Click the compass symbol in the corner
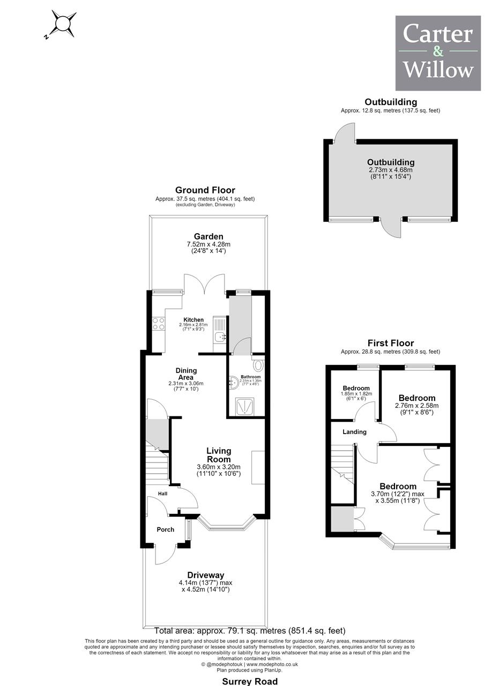[63, 24]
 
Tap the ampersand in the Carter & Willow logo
[438, 51]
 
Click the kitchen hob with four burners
[159, 324]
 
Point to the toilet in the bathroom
[258, 364]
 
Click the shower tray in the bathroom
[244, 407]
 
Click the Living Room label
[219, 455]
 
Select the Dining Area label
[186, 374]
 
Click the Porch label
[166, 529]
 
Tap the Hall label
[162, 494]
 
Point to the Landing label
[354, 431]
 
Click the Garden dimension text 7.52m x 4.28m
[208, 244]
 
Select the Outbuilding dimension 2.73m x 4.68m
[391, 170]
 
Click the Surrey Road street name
[250, 681]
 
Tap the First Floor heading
[391, 342]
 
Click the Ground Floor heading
[205, 190]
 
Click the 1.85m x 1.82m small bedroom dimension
[356, 393]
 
